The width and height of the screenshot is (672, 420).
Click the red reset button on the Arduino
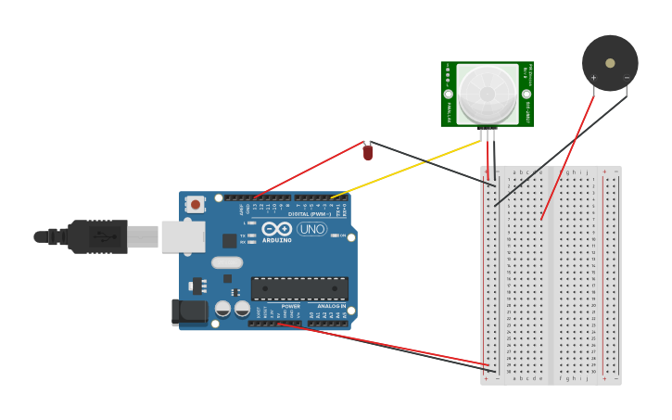click(195, 204)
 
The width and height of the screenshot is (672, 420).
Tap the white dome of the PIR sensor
click(487, 94)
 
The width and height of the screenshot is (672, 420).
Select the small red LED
click(368, 153)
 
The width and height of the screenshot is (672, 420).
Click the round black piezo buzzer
click(610, 63)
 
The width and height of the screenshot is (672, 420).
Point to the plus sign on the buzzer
click(593, 78)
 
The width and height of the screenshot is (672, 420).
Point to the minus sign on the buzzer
click(627, 78)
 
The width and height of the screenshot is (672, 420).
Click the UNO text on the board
click(311, 229)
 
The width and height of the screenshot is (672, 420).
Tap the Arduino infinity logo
click(276, 229)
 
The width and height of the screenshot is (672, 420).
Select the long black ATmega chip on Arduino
click(299, 288)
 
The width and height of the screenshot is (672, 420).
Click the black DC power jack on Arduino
click(190, 312)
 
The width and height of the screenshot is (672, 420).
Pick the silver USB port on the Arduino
click(183, 236)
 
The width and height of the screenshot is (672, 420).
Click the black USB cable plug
click(97, 236)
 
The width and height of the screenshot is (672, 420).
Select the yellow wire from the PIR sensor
click(408, 169)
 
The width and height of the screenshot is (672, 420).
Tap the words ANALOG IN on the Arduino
click(331, 306)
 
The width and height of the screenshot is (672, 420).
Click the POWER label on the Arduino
click(290, 306)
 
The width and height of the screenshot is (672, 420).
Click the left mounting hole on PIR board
click(449, 95)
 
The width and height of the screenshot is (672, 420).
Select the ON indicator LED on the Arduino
click(335, 235)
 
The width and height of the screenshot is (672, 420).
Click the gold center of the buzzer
click(610, 63)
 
